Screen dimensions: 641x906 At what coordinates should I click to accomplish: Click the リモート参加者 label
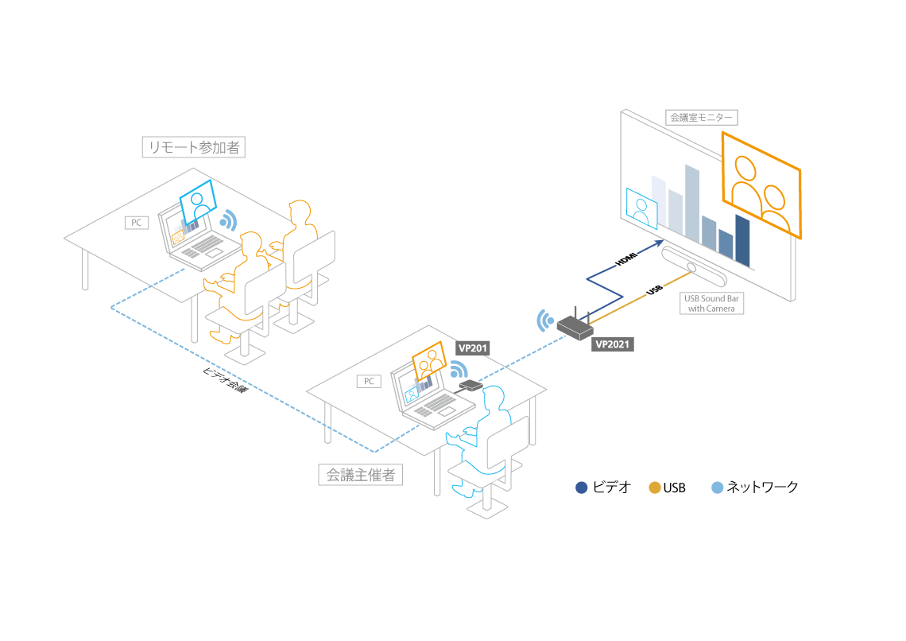coord(193,147)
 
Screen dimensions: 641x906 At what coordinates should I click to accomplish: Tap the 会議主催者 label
coord(361,475)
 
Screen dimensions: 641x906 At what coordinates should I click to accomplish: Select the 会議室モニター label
coord(701,118)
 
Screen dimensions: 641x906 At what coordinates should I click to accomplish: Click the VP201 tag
coord(473,348)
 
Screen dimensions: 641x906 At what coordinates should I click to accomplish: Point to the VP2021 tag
coord(613,344)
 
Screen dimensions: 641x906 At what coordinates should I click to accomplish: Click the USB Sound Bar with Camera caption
coord(711,303)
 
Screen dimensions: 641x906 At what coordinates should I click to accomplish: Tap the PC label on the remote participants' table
coord(137,223)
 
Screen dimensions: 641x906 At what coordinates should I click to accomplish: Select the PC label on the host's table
coord(369,382)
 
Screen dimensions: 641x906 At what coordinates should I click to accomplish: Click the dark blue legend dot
coord(582,488)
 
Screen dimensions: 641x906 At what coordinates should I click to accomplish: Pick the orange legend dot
coord(655,488)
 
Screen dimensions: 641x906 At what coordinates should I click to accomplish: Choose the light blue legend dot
coord(717,488)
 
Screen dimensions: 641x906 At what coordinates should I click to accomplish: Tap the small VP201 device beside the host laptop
coord(470,385)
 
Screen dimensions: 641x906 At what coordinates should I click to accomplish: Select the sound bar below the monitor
coord(693,267)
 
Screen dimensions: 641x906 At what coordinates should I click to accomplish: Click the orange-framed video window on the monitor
coord(761,185)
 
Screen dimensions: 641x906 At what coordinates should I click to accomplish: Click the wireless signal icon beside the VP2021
coord(545,320)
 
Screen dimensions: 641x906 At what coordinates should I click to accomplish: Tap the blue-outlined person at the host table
coord(485,433)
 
